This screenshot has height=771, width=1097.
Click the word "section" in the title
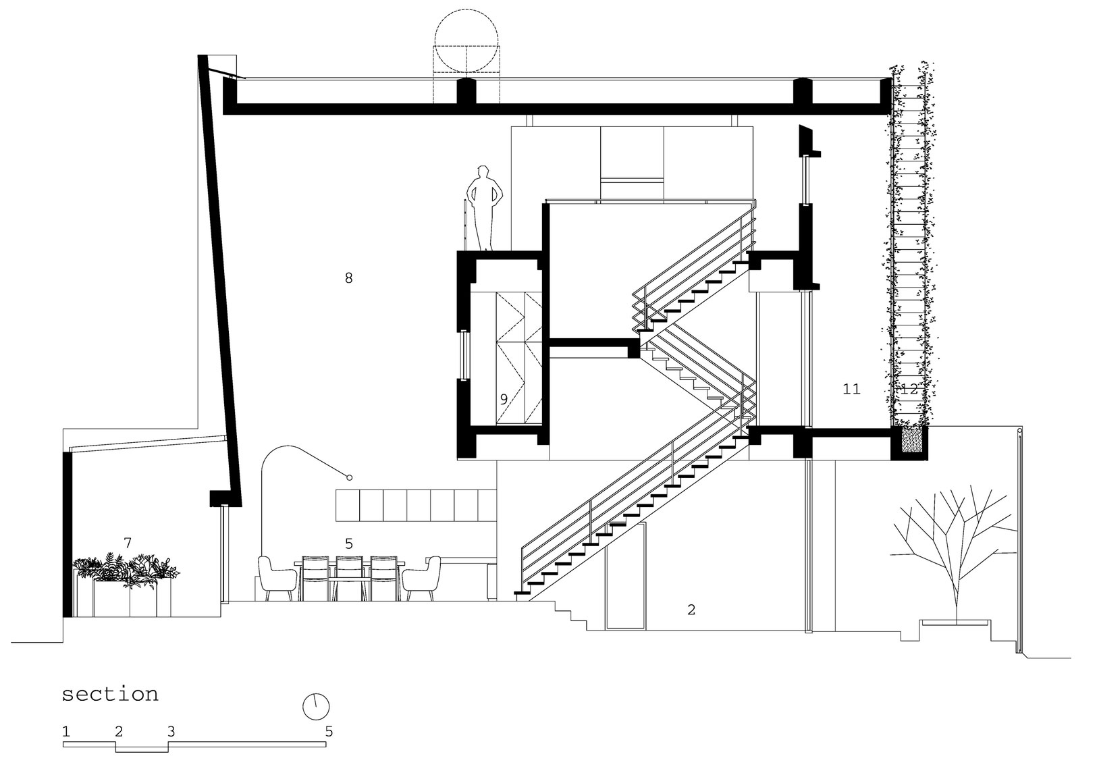point(110,695)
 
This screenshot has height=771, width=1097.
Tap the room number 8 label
point(349,278)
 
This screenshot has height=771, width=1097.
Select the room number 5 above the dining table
point(349,543)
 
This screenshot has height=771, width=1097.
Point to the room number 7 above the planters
point(128,543)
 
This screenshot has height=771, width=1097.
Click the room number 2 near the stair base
point(691,610)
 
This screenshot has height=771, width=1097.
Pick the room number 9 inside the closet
point(504,399)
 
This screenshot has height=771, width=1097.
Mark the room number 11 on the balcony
point(852,389)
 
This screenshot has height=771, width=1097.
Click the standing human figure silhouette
point(484,208)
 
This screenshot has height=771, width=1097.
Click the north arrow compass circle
point(316,706)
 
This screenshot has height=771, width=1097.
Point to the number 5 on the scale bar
point(329,732)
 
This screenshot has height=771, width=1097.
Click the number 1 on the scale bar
point(66,732)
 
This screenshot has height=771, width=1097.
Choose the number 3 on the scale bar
point(171,732)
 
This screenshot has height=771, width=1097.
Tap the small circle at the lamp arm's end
point(349,477)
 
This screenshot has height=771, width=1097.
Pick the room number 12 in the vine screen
point(909,389)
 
